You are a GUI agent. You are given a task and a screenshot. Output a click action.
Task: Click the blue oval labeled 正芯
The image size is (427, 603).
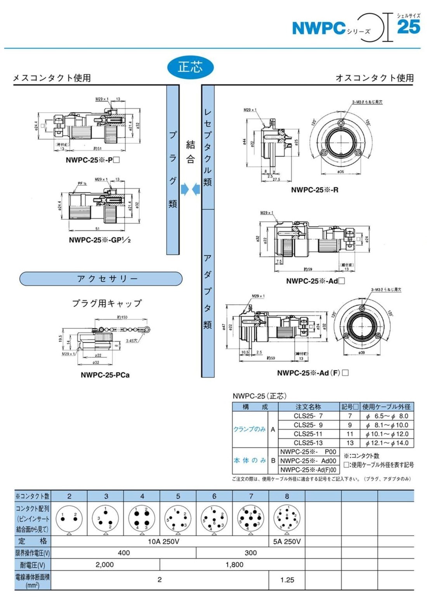click(190, 67)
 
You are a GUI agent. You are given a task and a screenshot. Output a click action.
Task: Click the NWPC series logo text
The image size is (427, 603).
click(319, 28)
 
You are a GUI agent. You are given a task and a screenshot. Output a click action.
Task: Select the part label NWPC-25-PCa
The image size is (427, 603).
click(105, 375)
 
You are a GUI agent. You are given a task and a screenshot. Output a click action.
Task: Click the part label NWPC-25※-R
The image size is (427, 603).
click(315, 190)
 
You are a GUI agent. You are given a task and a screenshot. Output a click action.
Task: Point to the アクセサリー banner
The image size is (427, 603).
click(101, 279)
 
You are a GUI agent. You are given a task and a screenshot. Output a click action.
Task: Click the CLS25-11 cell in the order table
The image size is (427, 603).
click(308, 434)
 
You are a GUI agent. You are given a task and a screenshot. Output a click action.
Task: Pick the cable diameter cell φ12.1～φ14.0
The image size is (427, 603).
click(387, 443)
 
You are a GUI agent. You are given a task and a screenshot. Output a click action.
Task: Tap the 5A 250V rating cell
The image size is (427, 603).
click(287, 541)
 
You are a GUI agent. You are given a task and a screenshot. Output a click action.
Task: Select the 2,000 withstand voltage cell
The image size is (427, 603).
click(105, 565)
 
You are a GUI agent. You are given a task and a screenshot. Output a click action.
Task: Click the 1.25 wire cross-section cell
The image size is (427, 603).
click(287, 580)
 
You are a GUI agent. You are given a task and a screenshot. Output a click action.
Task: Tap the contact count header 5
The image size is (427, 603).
click(178, 496)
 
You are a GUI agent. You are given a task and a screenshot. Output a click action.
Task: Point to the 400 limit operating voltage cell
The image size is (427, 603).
click(123, 553)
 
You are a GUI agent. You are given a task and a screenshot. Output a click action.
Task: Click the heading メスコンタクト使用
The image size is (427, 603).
click(52, 78)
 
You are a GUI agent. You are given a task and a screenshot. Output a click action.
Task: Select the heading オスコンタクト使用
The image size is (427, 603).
click(375, 78)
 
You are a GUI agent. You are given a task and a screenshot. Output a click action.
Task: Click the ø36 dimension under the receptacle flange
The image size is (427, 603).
click(340, 172)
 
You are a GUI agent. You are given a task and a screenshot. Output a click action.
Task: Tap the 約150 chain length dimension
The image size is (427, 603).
click(122, 317)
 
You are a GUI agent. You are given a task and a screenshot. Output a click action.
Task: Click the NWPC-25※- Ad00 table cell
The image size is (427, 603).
click(308, 461)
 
